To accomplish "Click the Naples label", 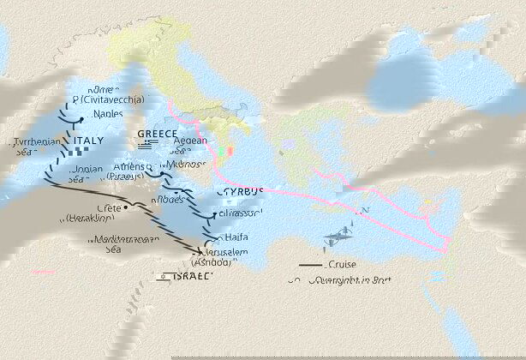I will click(109, 114).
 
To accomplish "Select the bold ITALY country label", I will click(91, 141).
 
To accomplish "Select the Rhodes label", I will click(167, 199).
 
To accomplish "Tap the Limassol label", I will click(242, 212).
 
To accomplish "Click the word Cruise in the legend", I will click(342, 267).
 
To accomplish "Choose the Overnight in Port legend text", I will click(353, 280).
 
